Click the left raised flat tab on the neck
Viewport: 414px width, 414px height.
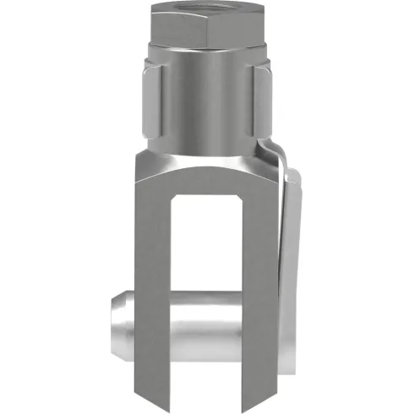pyautogui.click(x=148, y=106)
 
